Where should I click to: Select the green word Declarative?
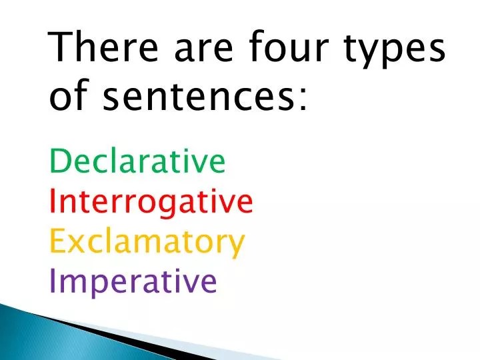(x=138, y=161)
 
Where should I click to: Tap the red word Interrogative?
(x=151, y=201)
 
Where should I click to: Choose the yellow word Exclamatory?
(x=147, y=243)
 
